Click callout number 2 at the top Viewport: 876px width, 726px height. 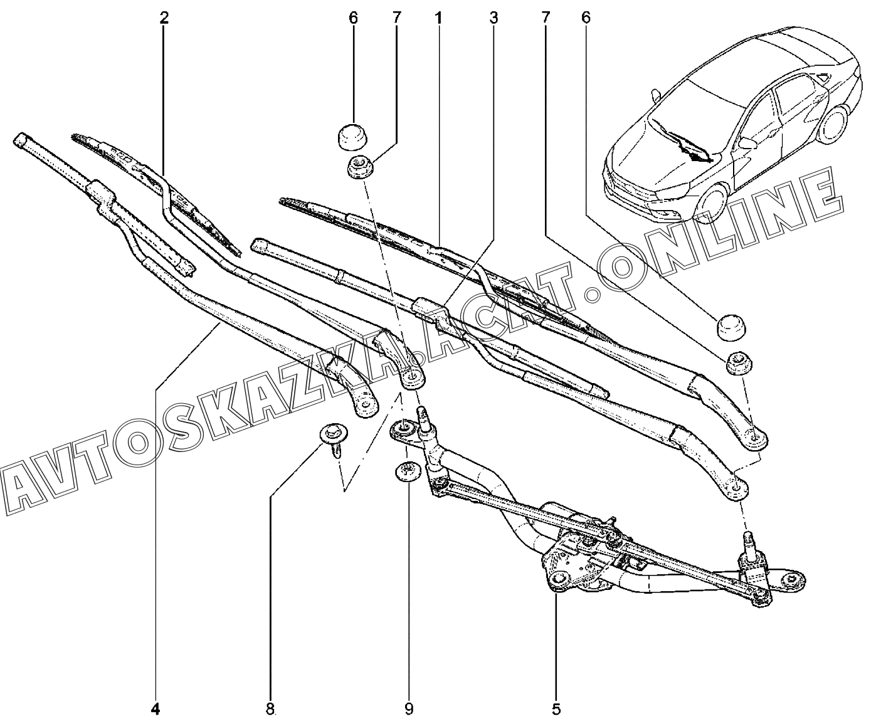(x=164, y=18)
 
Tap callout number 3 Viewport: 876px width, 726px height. (x=493, y=18)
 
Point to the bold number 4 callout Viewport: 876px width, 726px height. (x=156, y=709)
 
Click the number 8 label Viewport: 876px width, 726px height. (x=270, y=709)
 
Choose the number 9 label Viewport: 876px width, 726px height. (x=409, y=709)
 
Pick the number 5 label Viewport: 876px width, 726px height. (x=556, y=709)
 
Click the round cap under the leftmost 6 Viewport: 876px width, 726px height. (x=353, y=137)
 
